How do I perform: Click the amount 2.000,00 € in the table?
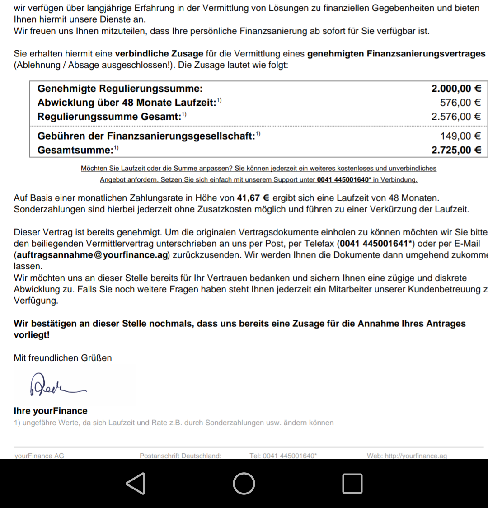[456, 89]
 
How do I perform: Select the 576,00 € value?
[460, 103]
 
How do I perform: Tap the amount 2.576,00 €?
[456, 117]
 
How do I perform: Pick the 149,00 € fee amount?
[460, 136]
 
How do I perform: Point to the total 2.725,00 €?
[456, 150]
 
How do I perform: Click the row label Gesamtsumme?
[75, 150]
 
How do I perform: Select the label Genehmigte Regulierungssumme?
[120, 89]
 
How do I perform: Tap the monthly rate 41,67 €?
[253, 198]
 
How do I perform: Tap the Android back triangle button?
[136, 483]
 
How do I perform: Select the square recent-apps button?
[352, 483]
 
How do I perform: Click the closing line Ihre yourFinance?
[51, 411]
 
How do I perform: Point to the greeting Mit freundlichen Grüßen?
[63, 358]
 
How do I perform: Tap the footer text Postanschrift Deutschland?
[180, 456]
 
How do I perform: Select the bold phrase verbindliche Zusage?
[159, 54]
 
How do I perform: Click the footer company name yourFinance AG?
[39, 456]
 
